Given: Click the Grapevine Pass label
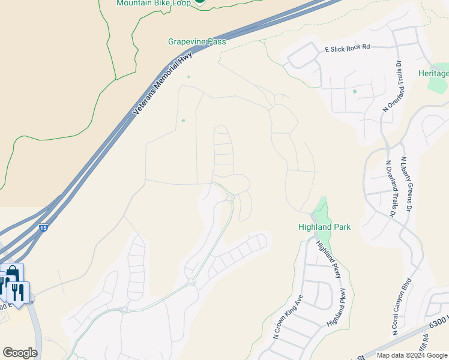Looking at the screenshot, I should pos(197,42).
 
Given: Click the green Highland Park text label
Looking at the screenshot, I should pos(324,227).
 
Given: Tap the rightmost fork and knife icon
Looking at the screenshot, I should pos(19,292).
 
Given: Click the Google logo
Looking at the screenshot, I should pos(20,353).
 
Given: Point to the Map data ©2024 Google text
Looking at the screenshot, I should pos(412,355).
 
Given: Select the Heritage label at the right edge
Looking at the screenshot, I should pos(433,73).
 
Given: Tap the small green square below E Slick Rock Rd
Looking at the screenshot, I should pos(354,91).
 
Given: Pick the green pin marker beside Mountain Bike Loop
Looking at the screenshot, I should pos(199,2).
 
